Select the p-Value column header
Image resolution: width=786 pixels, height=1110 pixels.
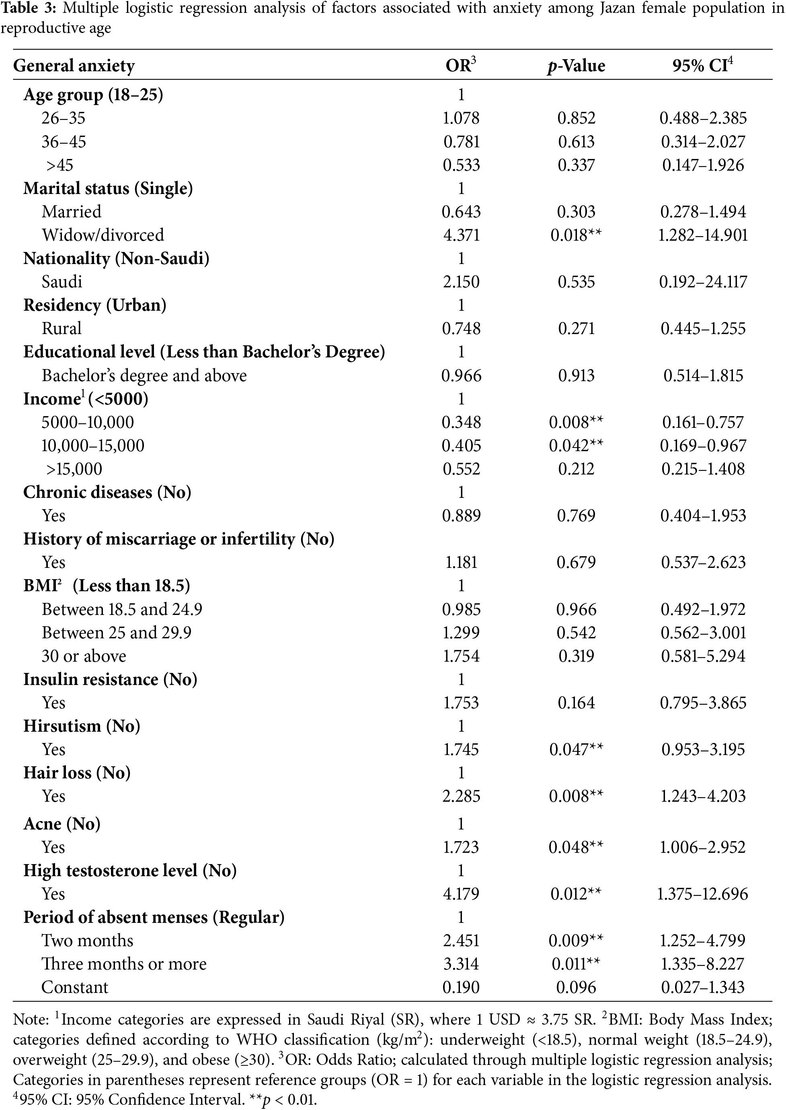pyautogui.click(x=576, y=66)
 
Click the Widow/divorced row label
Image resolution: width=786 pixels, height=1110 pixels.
pyautogui.click(x=103, y=235)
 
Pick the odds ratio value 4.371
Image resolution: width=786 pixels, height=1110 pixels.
pyautogui.click(x=461, y=235)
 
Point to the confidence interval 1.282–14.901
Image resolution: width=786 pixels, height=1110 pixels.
pyautogui.click(x=703, y=235)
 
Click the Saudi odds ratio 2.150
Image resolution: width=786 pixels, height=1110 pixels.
pyautogui.click(x=461, y=281)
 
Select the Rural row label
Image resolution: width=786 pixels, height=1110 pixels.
pyautogui.click(x=62, y=328)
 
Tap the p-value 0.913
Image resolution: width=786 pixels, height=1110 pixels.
pyautogui.click(x=576, y=376)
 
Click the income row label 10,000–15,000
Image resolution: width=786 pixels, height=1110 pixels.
pyautogui.click(x=92, y=445)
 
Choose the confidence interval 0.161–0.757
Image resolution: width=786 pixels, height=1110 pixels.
pyautogui.click(x=703, y=422)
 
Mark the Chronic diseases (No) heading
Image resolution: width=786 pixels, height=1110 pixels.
pyautogui.click(x=107, y=492)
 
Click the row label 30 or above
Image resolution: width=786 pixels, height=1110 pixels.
pyautogui.click(x=84, y=656)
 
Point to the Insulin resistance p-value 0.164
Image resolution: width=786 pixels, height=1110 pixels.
pyautogui.click(x=576, y=703)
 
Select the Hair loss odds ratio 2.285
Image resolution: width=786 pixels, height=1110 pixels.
pyautogui.click(x=461, y=796)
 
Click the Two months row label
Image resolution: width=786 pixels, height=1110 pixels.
pyautogui.click(x=87, y=941)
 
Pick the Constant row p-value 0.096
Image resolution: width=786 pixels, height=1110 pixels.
pyautogui.click(x=576, y=987)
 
